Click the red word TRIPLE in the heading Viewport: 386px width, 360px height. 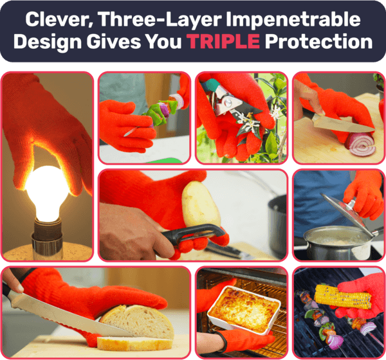point(223,41)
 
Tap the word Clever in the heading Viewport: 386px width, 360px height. point(59,20)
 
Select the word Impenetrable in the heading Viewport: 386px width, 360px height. point(293,20)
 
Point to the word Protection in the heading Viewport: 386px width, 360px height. point(318,41)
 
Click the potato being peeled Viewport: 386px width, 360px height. point(201,204)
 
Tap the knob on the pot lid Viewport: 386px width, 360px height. point(351,204)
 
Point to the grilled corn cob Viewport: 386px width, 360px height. point(343,296)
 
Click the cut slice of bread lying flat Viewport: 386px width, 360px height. point(135,343)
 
